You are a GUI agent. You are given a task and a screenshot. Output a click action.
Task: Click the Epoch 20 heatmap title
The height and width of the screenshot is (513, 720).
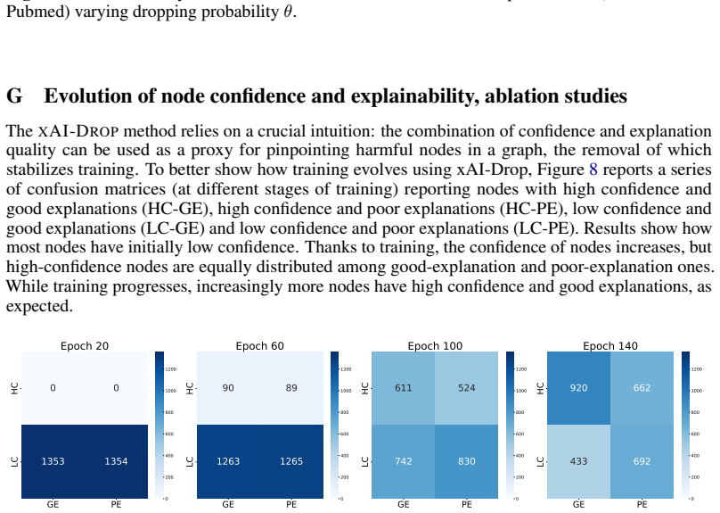coord(85,345)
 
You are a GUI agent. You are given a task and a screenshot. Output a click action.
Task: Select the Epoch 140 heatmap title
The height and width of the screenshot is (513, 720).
coord(610,345)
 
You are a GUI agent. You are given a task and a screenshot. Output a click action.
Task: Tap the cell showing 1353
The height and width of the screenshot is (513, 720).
coord(53,461)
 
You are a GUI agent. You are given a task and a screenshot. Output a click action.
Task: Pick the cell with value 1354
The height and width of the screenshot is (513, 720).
coord(116,461)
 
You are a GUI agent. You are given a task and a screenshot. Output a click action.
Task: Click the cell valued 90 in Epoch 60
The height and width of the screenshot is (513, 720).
coord(228,388)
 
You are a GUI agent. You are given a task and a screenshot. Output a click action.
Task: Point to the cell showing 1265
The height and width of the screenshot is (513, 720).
coord(291,461)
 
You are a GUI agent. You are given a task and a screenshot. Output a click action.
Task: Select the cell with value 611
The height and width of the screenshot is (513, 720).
coord(403,388)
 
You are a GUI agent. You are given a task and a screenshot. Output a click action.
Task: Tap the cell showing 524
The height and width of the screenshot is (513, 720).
coord(467,388)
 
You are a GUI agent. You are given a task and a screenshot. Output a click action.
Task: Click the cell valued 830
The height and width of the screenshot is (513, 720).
coord(467,461)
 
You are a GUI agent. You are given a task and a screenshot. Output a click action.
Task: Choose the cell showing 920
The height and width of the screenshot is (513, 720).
coord(578,388)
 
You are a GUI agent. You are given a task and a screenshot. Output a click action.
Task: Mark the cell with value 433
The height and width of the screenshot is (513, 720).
coord(578,461)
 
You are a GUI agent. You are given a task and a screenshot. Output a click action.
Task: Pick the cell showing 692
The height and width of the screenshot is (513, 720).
coord(642,461)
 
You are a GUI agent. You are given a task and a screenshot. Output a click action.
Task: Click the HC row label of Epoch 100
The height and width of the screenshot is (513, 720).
coord(365,388)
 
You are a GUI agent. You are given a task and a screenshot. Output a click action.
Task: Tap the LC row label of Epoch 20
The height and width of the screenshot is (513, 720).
coord(14,461)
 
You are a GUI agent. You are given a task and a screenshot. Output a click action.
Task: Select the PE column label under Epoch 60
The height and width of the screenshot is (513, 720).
coord(291,505)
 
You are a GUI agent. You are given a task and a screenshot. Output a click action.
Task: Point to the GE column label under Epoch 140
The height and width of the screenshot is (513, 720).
coord(578,505)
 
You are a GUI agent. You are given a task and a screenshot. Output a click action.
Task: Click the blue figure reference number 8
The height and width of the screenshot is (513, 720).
coord(593,170)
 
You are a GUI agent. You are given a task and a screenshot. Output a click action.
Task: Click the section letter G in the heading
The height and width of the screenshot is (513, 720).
coord(14,96)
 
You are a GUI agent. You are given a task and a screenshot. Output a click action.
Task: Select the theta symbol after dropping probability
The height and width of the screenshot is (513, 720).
coord(288,12)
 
